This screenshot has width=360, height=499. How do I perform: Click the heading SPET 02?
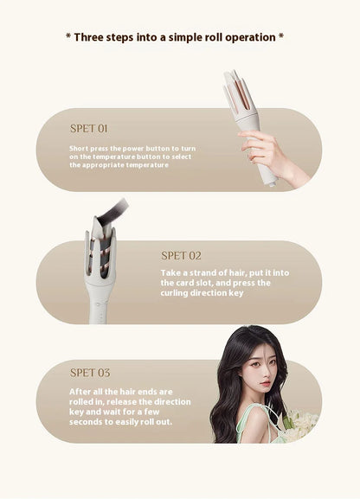click(181, 255)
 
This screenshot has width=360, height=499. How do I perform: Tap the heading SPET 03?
click(90, 373)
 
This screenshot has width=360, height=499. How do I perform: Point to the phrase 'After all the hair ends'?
click(121, 391)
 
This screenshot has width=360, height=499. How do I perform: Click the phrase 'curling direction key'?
click(202, 293)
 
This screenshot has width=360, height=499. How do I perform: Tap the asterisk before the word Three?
click(68, 38)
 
